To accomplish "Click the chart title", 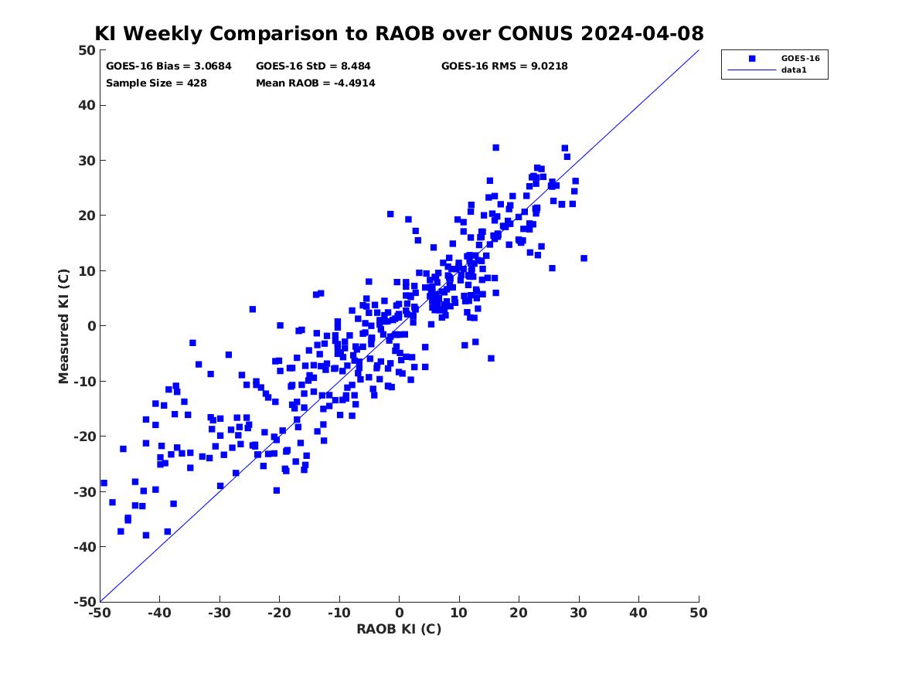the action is [x=399, y=33].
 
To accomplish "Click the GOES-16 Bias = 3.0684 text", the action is [x=168, y=66].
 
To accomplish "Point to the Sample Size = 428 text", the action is [x=156, y=83].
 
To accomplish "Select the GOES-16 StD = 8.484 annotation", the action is [x=314, y=66].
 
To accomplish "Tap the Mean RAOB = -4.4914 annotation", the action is [x=316, y=83].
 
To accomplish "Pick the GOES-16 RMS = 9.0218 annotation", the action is [x=505, y=66].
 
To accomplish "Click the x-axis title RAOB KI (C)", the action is [x=399, y=630].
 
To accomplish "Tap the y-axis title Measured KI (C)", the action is [x=63, y=326].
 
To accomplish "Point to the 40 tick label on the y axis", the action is [x=87, y=105].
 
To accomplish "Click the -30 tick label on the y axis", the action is [x=84, y=491].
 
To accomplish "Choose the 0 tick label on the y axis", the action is [x=91, y=326].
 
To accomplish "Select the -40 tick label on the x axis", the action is [x=160, y=613].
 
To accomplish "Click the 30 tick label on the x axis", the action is [x=579, y=613].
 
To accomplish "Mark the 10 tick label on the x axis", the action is [x=459, y=613].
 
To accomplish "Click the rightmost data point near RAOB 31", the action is [x=584, y=259].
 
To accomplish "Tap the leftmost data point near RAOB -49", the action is [x=104, y=484].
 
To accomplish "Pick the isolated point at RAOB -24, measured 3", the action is [x=253, y=309].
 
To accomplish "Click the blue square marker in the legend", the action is [x=752, y=59].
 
